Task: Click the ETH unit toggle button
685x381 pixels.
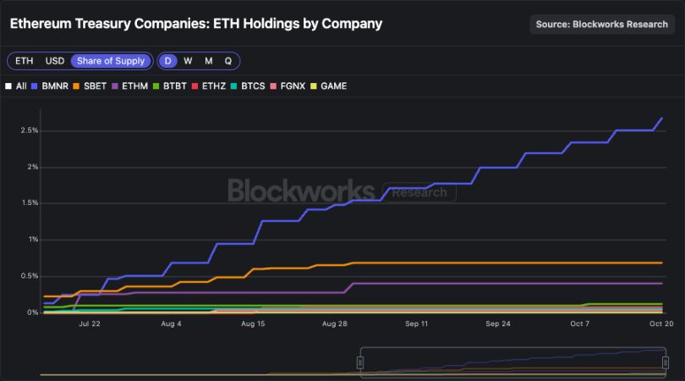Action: point(25,61)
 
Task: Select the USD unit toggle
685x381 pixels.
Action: point(54,61)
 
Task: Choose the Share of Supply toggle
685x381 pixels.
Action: point(112,61)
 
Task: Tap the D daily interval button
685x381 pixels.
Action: point(168,61)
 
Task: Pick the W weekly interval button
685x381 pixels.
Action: point(188,61)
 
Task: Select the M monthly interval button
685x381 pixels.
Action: point(208,61)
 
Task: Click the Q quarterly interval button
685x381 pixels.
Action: point(227,61)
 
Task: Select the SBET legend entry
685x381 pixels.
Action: point(90,86)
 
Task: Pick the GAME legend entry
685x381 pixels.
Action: point(329,86)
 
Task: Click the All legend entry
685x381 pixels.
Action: point(16,86)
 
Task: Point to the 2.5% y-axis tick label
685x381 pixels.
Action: point(27,130)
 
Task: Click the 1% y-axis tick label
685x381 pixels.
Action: point(31,240)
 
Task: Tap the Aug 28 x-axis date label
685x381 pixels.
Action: point(335,323)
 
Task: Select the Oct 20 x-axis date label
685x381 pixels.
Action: point(660,323)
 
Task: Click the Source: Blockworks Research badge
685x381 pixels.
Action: point(602,25)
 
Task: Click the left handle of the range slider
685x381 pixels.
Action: point(359,362)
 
